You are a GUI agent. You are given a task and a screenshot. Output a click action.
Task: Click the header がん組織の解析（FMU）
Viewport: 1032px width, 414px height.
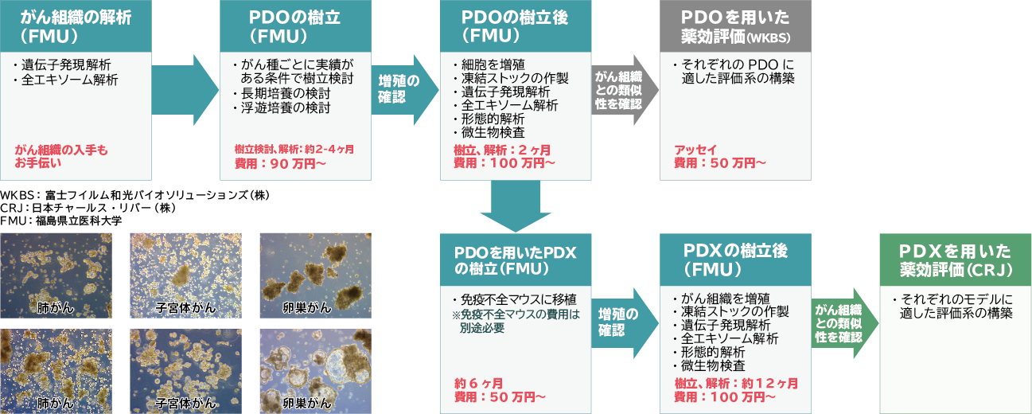(x=76, y=26)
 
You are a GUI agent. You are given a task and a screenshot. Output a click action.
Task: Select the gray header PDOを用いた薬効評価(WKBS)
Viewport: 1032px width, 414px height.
(x=735, y=26)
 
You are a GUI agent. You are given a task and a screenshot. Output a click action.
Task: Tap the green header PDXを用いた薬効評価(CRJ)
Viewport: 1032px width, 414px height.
(x=956, y=260)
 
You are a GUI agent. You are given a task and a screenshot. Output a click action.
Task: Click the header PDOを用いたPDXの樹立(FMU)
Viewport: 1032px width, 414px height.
(x=516, y=260)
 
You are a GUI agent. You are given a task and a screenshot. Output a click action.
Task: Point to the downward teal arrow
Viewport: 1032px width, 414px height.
(x=516, y=206)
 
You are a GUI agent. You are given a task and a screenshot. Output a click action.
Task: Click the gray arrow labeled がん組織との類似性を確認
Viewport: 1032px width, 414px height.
(x=625, y=90)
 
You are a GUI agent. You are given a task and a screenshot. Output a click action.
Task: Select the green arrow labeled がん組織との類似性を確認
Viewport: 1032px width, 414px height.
(x=845, y=323)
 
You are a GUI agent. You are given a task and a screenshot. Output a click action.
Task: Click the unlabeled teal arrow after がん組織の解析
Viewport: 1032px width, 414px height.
(x=185, y=90)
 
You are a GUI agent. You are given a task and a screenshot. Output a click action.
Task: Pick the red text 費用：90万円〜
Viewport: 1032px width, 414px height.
(x=280, y=163)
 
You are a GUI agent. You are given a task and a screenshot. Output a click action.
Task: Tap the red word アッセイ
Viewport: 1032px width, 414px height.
(x=695, y=150)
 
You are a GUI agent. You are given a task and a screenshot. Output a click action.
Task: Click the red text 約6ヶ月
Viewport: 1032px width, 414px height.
(x=479, y=384)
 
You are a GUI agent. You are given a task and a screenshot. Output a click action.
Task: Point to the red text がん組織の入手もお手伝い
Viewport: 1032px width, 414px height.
(x=61, y=156)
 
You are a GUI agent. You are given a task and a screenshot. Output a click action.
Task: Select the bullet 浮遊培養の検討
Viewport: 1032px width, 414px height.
(x=282, y=108)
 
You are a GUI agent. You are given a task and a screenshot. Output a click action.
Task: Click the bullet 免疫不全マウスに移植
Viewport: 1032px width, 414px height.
(x=514, y=299)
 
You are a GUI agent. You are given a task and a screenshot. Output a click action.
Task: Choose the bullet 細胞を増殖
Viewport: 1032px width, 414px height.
(x=489, y=64)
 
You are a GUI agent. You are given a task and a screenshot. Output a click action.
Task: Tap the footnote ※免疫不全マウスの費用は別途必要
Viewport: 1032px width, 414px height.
(x=516, y=322)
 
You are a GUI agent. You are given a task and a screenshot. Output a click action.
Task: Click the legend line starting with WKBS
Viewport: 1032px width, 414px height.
(x=135, y=195)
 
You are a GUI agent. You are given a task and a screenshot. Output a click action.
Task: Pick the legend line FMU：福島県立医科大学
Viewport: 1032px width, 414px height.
(x=61, y=221)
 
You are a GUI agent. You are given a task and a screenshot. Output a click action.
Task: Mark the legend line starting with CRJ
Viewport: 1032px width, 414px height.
(x=88, y=208)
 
